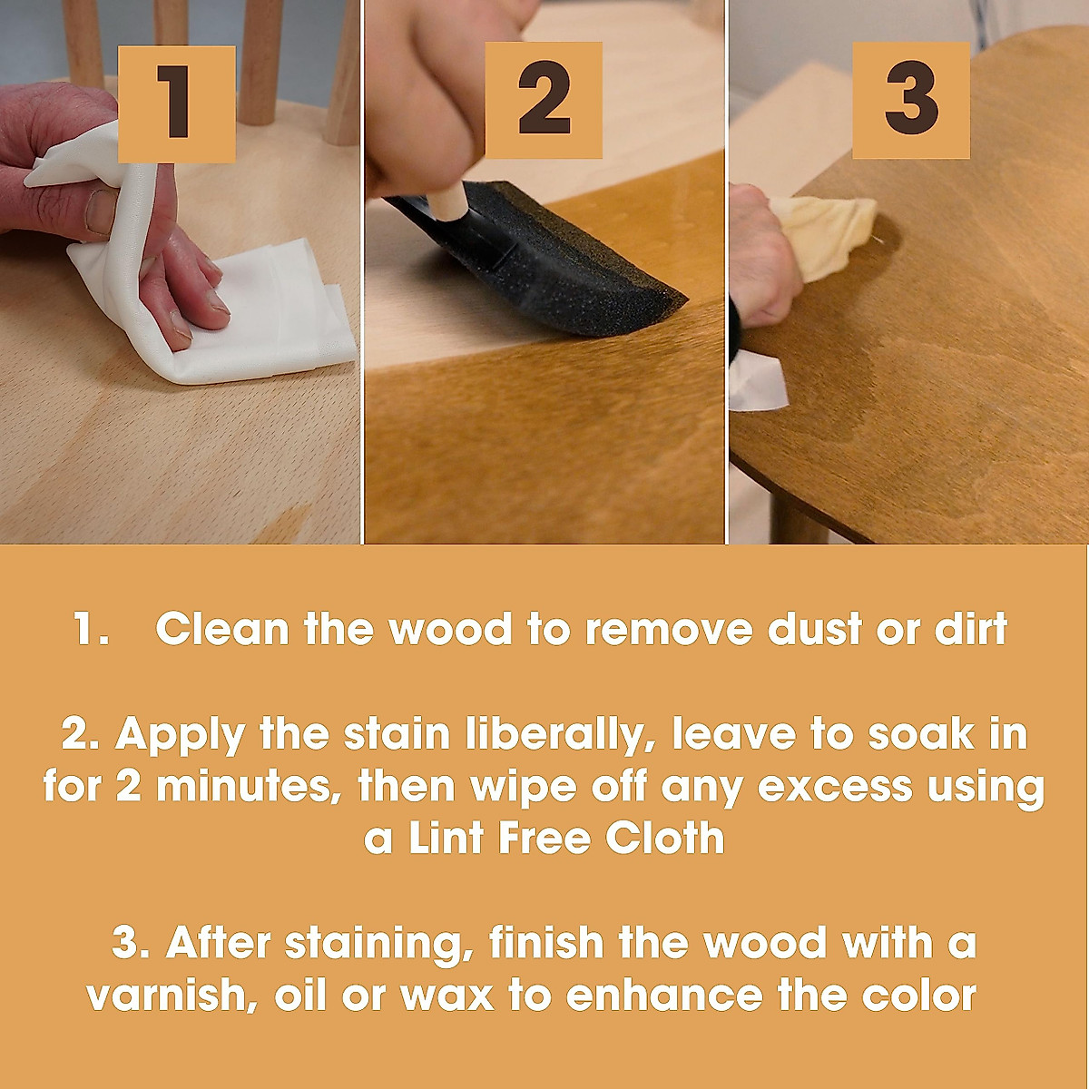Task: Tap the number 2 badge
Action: point(544,100)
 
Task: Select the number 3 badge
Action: point(910,100)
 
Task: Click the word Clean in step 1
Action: point(221,629)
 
